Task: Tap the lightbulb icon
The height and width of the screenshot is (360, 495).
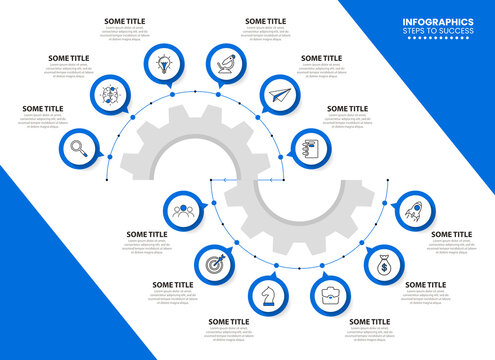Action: [162, 63]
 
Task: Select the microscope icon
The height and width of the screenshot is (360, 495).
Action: [226, 63]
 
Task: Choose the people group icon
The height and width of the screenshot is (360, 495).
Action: [183, 210]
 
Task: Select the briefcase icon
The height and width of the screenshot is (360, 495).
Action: [329, 295]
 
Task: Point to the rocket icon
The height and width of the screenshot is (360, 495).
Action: [413, 211]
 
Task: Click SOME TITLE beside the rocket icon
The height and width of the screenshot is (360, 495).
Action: [451, 234]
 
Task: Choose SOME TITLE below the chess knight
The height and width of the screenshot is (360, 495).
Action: [228, 322]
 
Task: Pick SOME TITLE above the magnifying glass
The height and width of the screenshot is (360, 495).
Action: [42, 108]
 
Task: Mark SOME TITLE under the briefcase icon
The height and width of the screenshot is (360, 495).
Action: [370, 322]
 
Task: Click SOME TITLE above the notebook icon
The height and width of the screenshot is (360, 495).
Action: [347, 108]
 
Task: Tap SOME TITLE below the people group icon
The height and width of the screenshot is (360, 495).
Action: [147, 234]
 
